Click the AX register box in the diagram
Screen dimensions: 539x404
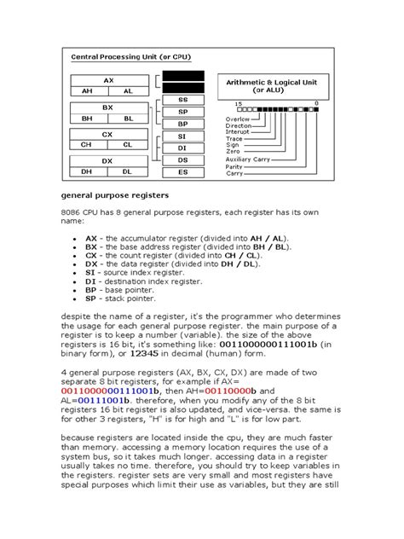(107, 79)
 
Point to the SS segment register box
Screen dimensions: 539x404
(182, 100)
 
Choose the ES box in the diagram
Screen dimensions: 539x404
(182, 171)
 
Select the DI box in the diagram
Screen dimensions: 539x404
(182, 148)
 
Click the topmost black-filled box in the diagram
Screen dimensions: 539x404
(182, 75)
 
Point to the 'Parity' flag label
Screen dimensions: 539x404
(234, 166)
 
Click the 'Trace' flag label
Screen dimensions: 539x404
(234, 139)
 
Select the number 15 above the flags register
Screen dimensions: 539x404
(239, 103)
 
